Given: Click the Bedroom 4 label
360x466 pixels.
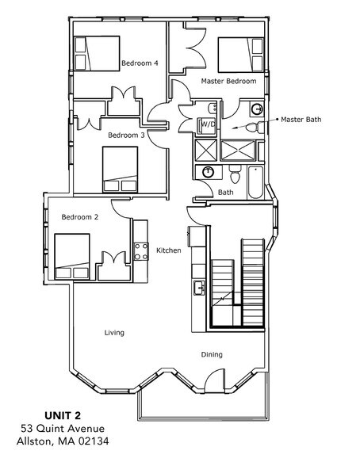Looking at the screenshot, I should pyautogui.click(x=139, y=63).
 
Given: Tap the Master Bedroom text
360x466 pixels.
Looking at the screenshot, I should pyautogui.click(x=228, y=81).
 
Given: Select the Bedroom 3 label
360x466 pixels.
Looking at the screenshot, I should pyautogui.click(x=125, y=135).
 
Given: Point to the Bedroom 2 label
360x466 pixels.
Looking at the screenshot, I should pyautogui.click(x=79, y=216).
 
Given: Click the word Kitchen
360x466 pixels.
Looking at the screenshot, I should pyautogui.click(x=168, y=250).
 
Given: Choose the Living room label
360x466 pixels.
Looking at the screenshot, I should pyautogui.click(x=114, y=332).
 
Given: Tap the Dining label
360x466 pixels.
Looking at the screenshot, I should pyautogui.click(x=211, y=354).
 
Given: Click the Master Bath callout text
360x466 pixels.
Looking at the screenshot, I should pyautogui.click(x=301, y=120).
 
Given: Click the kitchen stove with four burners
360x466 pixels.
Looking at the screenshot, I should pyautogui.click(x=141, y=251).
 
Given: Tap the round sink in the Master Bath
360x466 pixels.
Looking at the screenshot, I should pyautogui.click(x=256, y=109).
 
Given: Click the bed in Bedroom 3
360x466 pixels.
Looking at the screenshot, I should pyautogui.click(x=121, y=170).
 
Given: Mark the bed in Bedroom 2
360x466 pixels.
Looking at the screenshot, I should pyautogui.click(x=72, y=257).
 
